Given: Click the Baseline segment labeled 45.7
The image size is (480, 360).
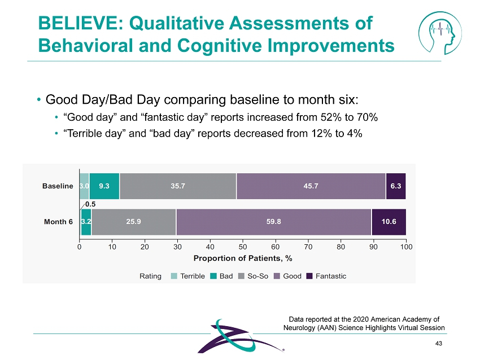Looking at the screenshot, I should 311,186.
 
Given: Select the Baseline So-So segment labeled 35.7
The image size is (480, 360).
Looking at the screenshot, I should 177,186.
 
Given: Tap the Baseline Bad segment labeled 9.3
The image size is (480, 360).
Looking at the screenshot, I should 104,186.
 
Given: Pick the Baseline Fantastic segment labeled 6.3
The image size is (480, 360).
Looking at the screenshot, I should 396,186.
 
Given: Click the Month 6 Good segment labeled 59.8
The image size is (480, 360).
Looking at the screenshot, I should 274,221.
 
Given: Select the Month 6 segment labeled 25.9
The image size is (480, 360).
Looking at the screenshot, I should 133,221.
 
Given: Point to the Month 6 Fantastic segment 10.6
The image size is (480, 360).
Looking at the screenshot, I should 389,221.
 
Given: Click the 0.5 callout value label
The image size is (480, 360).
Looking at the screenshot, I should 90,204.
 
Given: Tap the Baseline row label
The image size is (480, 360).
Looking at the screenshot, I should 58,186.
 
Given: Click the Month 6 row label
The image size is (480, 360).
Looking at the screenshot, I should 59,221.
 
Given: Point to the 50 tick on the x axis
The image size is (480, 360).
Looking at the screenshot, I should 243,246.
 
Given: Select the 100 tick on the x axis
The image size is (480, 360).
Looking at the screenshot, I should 405,246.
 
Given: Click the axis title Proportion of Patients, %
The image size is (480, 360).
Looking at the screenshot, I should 243,258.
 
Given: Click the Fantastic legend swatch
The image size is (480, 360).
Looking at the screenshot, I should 309,276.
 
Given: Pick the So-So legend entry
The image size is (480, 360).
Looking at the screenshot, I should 253,276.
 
